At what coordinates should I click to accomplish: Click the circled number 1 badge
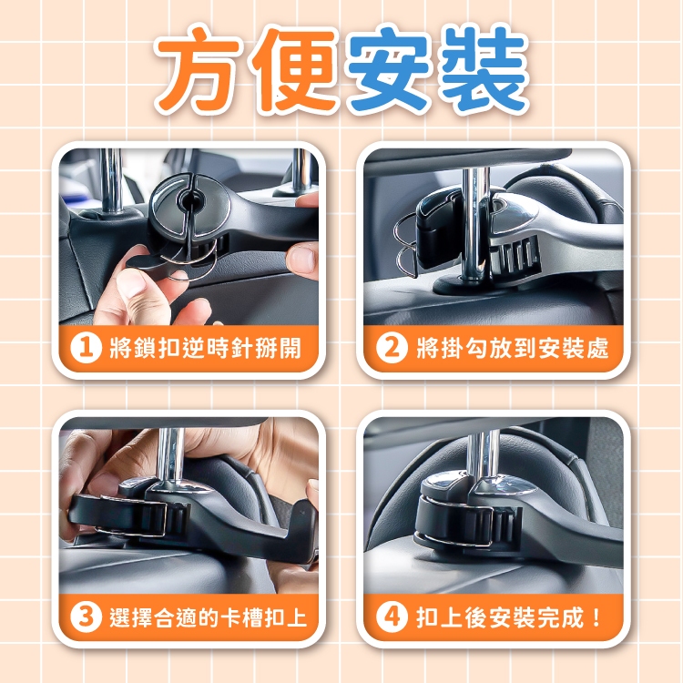[x=87, y=348]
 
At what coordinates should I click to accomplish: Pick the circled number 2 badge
[x=392, y=348]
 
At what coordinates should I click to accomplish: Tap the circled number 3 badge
[x=87, y=617]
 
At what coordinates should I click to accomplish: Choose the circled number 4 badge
[x=392, y=617]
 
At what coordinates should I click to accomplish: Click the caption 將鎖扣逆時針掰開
[x=205, y=348]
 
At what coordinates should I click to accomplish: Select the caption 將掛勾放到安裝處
[x=513, y=348]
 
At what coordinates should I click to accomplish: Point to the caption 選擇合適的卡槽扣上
[x=209, y=617]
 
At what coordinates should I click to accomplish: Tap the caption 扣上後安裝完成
[x=500, y=617]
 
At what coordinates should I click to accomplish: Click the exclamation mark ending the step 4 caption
[x=596, y=617]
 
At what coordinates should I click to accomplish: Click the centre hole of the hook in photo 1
[x=190, y=201]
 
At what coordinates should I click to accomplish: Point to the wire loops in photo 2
[x=406, y=245]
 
